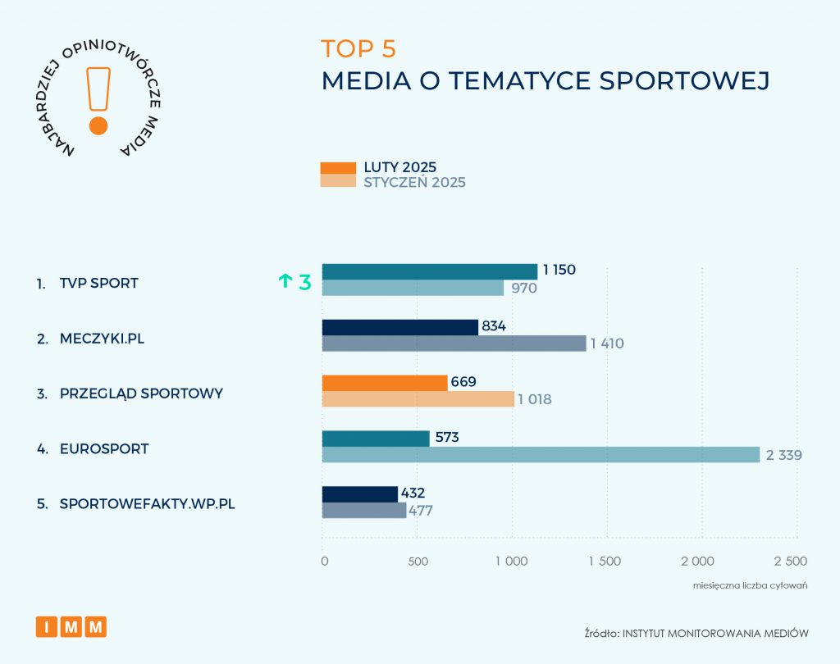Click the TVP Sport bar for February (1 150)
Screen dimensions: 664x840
click(429, 271)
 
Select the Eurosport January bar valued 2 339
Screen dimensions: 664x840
click(541, 454)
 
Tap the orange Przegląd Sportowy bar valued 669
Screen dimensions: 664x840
click(385, 383)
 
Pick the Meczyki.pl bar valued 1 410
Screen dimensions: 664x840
click(454, 343)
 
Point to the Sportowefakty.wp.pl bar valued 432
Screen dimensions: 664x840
click(359, 493)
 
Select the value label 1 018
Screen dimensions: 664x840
click(535, 399)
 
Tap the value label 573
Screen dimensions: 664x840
click(446, 438)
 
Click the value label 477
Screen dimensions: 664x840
click(421, 511)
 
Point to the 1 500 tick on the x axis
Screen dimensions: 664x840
click(605, 562)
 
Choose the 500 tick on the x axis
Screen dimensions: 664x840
click(417, 562)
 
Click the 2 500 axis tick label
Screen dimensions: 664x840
click(791, 562)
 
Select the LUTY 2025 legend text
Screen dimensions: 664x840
click(400, 167)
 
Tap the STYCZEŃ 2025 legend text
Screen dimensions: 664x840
click(414, 182)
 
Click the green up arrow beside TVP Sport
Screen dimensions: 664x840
click(285, 281)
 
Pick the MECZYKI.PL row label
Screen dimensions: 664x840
click(102, 338)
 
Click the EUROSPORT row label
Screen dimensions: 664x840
click(104, 449)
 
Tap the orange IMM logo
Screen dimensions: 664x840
click(71, 627)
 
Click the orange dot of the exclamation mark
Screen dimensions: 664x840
click(98, 125)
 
